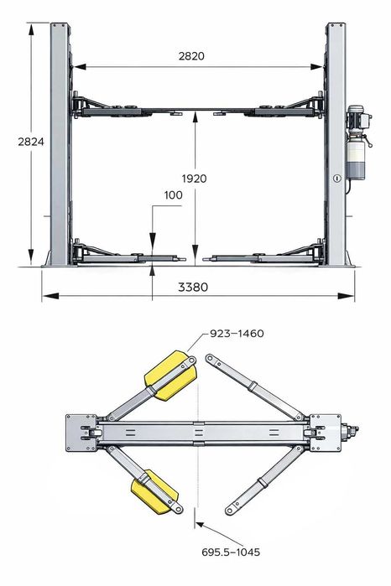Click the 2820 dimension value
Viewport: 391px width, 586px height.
pyautogui.click(x=191, y=56)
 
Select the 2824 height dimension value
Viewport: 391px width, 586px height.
pyautogui.click(x=31, y=142)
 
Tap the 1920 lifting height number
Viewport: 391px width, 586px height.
pyautogui.click(x=194, y=179)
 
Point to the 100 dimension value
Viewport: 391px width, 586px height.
pyautogui.click(x=173, y=195)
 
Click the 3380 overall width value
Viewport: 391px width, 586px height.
pyautogui.click(x=193, y=287)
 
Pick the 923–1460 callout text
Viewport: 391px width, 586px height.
pyautogui.click(x=237, y=334)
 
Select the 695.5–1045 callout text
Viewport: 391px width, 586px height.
pyautogui.click(x=231, y=552)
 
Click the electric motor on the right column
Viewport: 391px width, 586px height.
pyautogui.click(x=358, y=117)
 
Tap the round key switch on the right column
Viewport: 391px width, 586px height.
pyautogui.click(x=337, y=179)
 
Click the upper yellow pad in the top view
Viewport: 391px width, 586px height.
pyautogui.click(x=170, y=375)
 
